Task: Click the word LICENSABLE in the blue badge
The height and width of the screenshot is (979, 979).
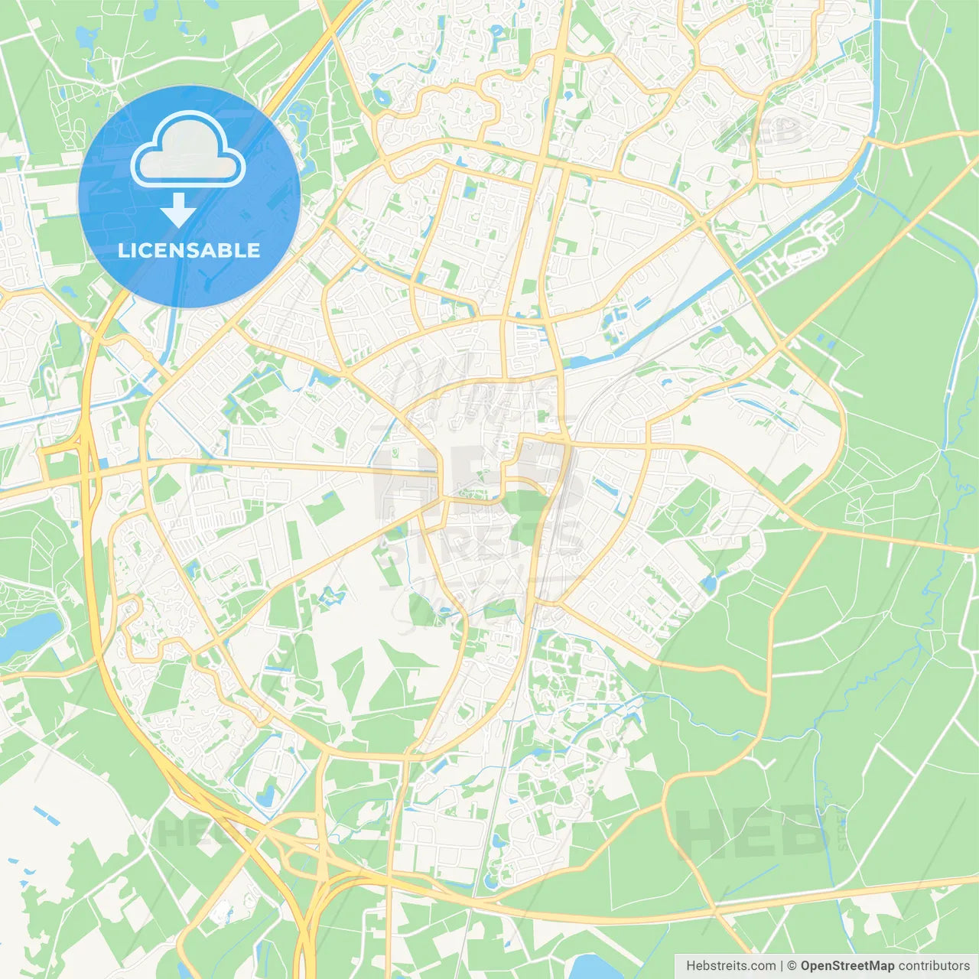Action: point(189,250)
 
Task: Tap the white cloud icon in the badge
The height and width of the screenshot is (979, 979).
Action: point(187,151)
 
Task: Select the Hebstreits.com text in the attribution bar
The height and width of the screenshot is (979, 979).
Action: point(730,966)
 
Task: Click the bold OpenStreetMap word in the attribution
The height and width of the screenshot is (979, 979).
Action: point(847,966)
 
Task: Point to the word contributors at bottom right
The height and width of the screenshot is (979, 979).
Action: point(933,966)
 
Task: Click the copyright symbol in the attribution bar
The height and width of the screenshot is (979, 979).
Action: point(792,966)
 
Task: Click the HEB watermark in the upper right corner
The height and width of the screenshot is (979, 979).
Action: point(765,134)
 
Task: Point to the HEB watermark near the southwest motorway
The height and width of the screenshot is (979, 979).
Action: point(180,832)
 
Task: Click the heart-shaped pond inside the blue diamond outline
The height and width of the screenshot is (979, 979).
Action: point(268,795)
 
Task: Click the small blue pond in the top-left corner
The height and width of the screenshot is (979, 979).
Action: point(83,36)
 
